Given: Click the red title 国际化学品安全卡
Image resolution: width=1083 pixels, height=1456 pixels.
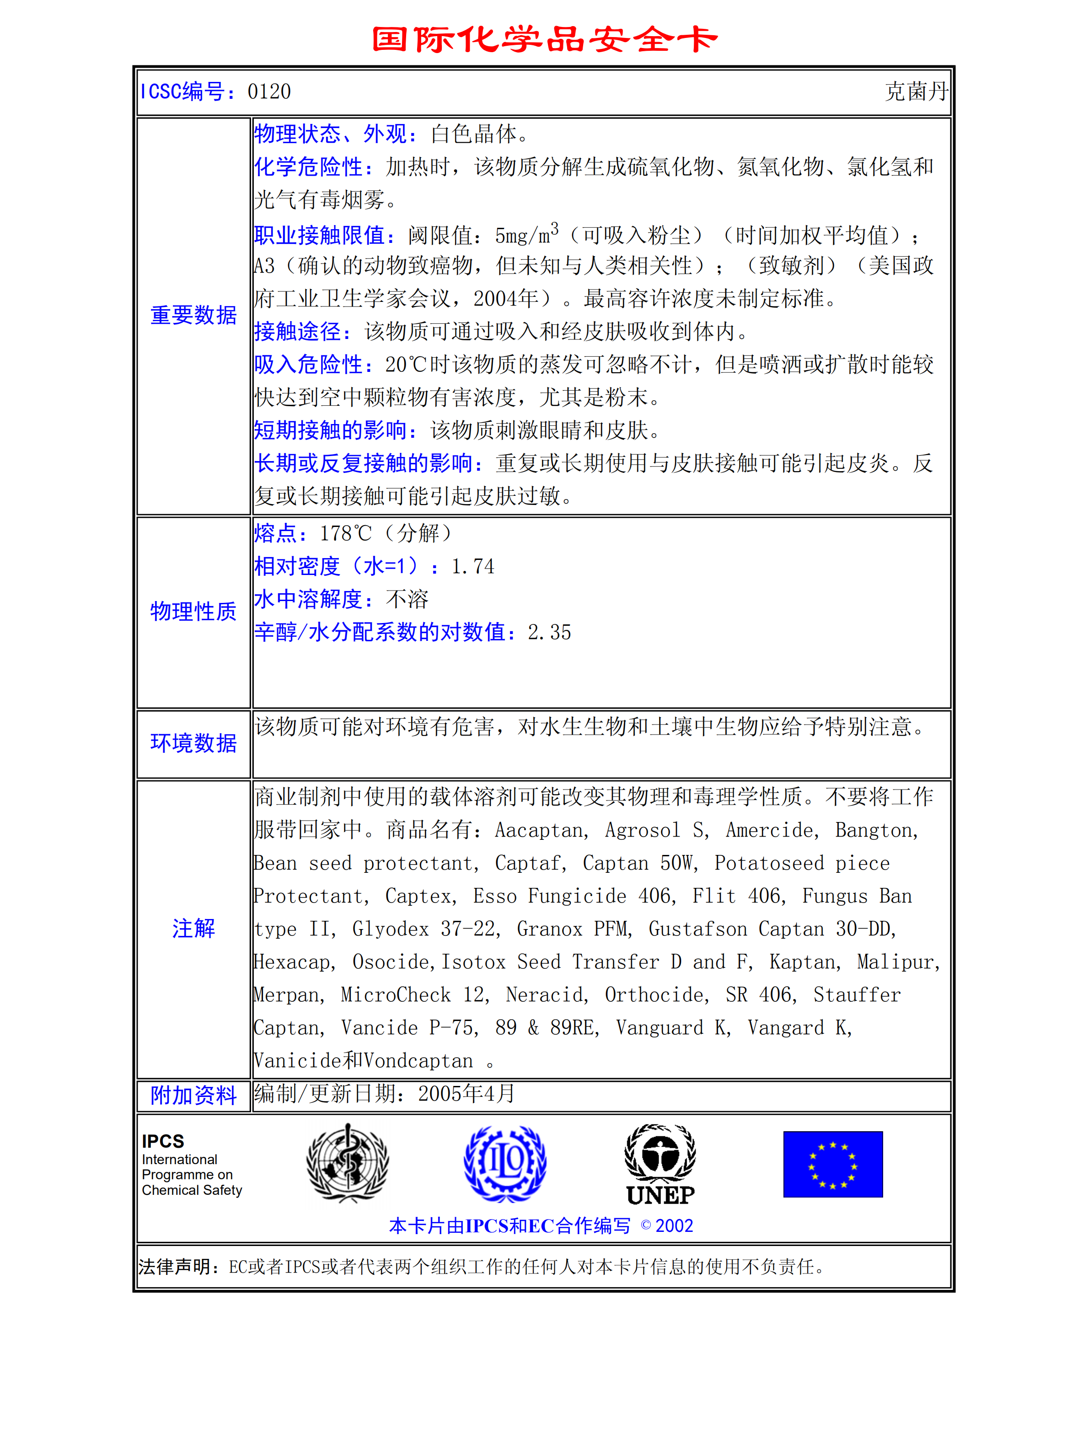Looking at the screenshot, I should point(544,39).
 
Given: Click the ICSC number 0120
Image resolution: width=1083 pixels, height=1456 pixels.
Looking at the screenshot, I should point(269,92).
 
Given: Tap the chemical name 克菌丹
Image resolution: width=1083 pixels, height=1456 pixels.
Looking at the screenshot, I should point(916,92).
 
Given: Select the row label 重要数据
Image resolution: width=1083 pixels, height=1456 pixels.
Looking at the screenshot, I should point(193,315).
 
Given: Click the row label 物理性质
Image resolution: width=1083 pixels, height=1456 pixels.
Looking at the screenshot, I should point(193,611).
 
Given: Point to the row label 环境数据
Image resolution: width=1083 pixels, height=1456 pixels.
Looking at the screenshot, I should point(193,743).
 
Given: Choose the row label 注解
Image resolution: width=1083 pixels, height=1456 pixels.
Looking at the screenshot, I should point(193,928).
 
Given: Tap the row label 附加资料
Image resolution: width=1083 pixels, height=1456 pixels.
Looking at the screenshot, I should point(193,1096).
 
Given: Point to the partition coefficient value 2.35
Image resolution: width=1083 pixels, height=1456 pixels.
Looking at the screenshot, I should point(549,633).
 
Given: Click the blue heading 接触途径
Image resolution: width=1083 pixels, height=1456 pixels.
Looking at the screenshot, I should point(298,332).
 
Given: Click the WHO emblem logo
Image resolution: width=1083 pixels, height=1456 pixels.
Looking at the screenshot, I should point(348,1164).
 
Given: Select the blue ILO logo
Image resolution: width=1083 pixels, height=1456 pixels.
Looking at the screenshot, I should point(505,1164).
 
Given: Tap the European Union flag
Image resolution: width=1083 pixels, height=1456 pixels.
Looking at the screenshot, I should point(832,1164).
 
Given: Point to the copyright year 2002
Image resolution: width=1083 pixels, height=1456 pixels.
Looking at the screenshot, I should point(674,1226).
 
